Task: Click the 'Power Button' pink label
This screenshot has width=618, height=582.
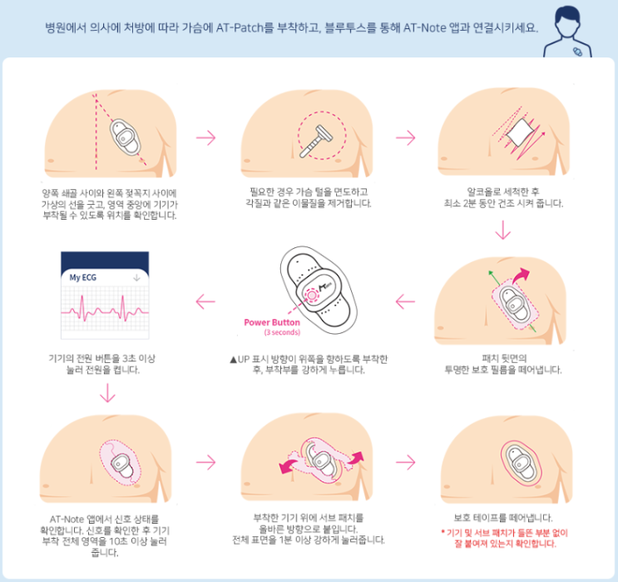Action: coord(271,323)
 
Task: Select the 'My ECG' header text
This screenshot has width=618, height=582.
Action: coord(82,276)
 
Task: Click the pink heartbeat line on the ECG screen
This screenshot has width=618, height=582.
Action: coord(105,312)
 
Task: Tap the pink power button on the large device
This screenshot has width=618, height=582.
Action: coord(314,294)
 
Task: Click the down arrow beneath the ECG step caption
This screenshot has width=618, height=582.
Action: coord(105,392)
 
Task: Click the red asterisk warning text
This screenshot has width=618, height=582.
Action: coord(498,537)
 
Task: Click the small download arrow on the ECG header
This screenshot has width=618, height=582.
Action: coord(136,276)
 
